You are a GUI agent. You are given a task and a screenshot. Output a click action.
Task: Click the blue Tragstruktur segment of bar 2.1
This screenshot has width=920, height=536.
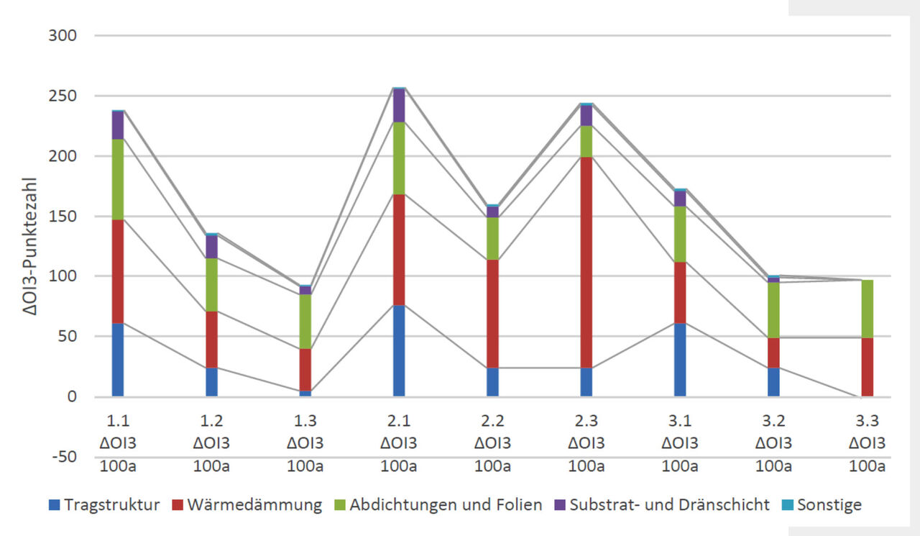click(x=399, y=350)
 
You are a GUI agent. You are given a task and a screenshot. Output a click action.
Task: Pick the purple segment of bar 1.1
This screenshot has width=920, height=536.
click(x=118, y=125)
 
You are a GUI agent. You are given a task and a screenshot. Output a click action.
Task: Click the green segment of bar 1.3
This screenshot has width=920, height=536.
click(x=305, y=321)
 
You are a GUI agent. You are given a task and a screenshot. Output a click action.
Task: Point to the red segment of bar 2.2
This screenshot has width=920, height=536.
click(x=492, y=314)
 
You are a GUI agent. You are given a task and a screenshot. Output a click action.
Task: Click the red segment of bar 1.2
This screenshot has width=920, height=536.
click(x=211, y=339)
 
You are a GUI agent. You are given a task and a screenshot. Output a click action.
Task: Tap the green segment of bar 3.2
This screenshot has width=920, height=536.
click(x=773, y=310)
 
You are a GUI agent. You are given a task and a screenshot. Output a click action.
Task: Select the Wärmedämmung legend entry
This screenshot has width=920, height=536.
click(x=247, y=505)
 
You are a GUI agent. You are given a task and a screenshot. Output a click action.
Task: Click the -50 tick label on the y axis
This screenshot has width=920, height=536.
click(x=63, y=457)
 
